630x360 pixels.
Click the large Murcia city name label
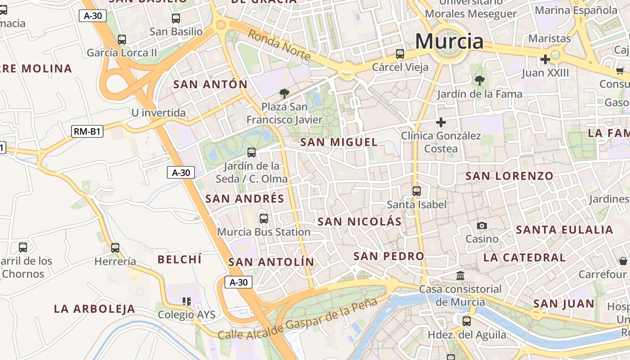(449, 41)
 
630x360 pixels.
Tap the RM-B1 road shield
(87, 132)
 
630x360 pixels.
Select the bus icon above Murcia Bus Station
(264, 219)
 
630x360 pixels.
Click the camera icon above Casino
(482, 225)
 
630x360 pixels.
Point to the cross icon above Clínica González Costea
(441, 122)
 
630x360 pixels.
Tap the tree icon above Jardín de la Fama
(480, 81)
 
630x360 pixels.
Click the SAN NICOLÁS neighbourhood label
(359, 221)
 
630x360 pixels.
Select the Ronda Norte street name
(279, 45)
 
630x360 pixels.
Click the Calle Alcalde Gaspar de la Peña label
(297, 319)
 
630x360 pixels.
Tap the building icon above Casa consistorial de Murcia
(460, 275)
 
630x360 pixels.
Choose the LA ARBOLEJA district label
(94, 309)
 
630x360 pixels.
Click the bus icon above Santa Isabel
(417, 191)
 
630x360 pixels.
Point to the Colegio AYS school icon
(187, 301)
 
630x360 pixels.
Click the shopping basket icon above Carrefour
(623, 261)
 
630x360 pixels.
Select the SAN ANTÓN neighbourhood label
(210, 84)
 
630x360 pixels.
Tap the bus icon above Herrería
(115, 247)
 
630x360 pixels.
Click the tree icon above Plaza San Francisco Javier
(284, 94)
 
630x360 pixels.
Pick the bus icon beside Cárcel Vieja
(400, 54)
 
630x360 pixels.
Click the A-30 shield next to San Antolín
(238, 282)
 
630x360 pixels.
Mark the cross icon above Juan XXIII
(545, 59)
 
